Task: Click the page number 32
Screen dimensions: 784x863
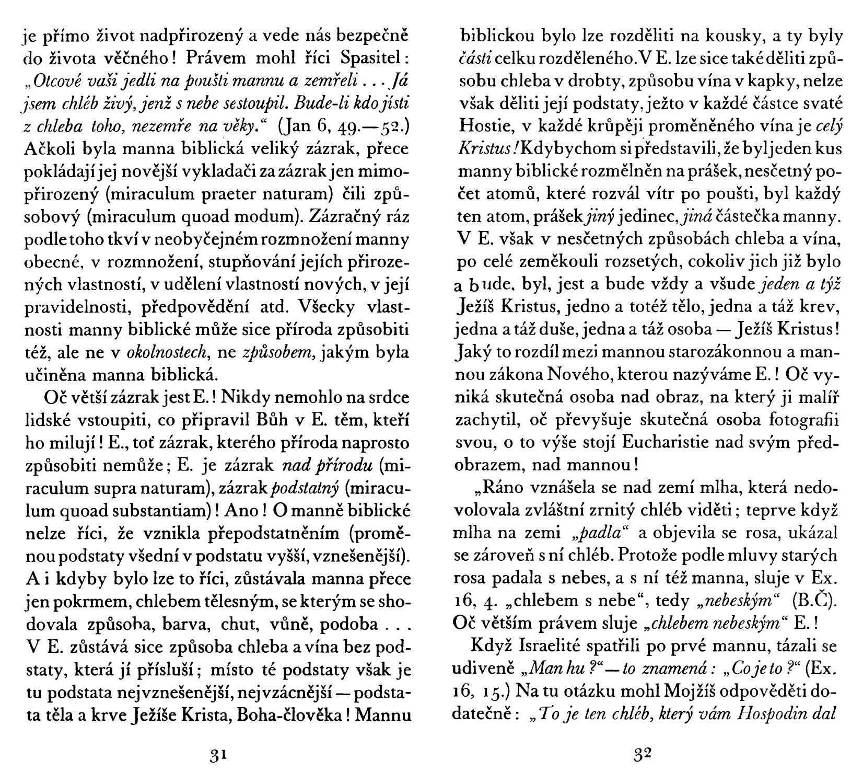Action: [643, 755]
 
